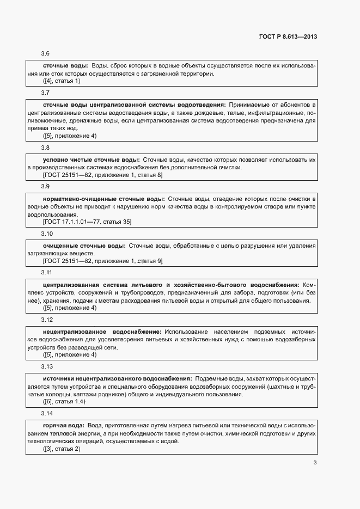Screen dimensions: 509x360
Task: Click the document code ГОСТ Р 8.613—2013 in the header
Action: [x=288, y=37]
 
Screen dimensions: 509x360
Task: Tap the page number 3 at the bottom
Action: [x=315, y=463]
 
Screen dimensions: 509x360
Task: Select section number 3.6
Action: [x=46, y=53]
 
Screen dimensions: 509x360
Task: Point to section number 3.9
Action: [x=46, y=187]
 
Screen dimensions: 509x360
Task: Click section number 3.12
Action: [x=47, y=320]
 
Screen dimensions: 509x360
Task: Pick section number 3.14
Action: [x=47, y=414]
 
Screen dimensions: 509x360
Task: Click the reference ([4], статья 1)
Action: [x=62, y=81]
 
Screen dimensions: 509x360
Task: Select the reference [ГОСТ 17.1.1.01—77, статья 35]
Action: [x=87, y=222]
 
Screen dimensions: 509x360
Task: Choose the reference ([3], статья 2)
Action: [x=62, y=449]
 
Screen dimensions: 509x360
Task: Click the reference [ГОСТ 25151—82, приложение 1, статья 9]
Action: [x=102, y=261]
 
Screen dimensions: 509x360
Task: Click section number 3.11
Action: [x=47, y=273]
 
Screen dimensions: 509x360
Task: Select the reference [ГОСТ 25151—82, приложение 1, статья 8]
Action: [x=102, y=175]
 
